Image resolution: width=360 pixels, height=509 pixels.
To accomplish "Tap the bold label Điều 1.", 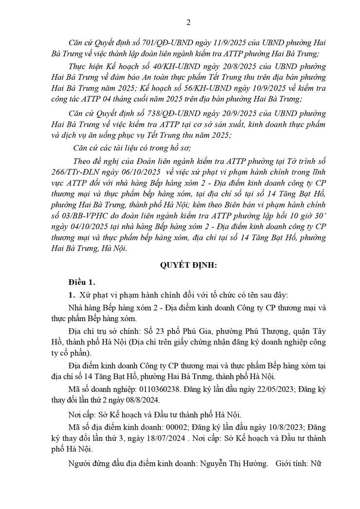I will (x=82, y=282).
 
